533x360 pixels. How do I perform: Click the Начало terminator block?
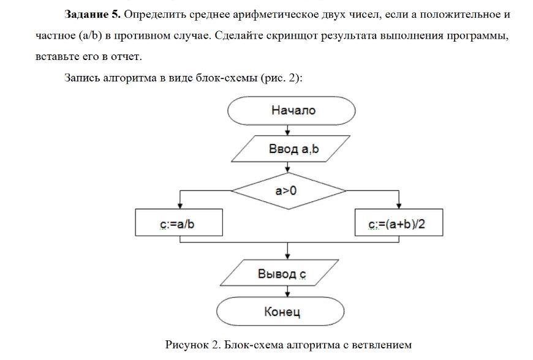[x=291, y=111]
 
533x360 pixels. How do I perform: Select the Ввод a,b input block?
[x=290, y=149]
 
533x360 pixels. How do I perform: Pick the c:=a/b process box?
[x=178, y=225]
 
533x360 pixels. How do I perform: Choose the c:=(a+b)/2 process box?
[x=399, y=225]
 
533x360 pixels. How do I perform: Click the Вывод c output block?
[x=282, y=274]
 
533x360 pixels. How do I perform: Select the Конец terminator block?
[x=282, y=312]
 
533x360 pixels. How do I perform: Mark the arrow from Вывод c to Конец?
[x=287, y=291]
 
